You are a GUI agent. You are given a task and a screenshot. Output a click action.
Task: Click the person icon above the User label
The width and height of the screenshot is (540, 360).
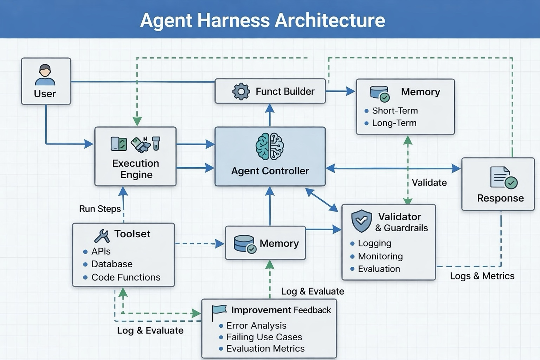point(45,75)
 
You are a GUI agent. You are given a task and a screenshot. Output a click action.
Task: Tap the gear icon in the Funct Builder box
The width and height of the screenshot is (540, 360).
point(241,91)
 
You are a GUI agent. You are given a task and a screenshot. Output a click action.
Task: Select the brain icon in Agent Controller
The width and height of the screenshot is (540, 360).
point(270,147)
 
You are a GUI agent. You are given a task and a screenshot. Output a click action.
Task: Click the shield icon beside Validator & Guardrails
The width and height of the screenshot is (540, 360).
point(361,221)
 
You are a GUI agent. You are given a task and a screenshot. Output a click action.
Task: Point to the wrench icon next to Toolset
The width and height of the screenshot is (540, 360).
point(102,236)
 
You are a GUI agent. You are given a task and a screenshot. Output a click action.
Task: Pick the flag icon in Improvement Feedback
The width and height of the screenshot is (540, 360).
point(219,311)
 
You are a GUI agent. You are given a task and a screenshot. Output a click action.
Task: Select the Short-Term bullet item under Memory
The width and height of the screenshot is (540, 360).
point(394,111)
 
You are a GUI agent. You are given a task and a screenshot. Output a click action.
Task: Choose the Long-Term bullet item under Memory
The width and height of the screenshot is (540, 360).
point(394,123)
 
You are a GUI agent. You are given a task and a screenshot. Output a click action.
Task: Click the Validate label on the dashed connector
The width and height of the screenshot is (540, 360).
point(429,182)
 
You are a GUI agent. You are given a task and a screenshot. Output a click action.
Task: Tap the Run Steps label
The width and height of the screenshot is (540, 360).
point(100,209)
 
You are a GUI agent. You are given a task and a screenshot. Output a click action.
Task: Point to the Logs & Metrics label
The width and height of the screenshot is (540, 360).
point(482,276)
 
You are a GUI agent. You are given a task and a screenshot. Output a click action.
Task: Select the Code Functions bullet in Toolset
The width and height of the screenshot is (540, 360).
point(126,277)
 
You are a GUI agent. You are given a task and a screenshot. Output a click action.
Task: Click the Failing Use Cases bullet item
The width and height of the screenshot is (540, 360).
point(264,337)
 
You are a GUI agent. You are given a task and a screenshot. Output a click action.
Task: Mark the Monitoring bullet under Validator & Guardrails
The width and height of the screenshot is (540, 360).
point(380,256)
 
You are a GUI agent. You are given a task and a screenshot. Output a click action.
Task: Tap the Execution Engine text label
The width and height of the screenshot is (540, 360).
point(136,169)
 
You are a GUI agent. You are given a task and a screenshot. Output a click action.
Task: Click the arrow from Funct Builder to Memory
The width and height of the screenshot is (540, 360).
point(340,91)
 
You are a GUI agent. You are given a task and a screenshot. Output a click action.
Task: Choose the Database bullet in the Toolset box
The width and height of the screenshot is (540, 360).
point(111,264)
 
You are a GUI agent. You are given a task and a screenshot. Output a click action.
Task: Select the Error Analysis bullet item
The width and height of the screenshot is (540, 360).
point(256,326)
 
